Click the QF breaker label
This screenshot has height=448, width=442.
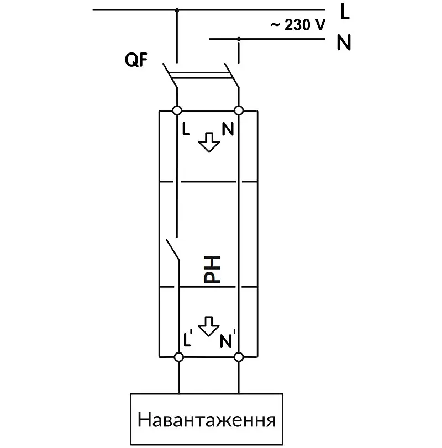coord(136,60)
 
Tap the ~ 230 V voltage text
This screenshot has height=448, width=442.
coord(298,25)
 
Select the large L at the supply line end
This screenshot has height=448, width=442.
coord(345,12)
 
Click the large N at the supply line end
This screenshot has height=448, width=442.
coord(344,43)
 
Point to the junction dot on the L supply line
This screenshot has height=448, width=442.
coord(177,10)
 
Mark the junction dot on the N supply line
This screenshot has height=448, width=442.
coord(239,39)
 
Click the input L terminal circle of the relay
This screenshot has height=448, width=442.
coord(177,110)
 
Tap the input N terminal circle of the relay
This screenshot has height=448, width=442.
coord(239,110)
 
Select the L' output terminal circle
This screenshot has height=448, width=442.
coord(179,357)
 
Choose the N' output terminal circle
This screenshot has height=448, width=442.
coord(239,357)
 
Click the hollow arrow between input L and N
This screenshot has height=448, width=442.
coord(209,143)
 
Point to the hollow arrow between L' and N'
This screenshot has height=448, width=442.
coord(209,326)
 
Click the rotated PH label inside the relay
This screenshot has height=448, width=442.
coord(212,270)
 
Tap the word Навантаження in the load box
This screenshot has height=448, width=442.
coord(206,420)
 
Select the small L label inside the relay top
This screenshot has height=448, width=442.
coord(186,129)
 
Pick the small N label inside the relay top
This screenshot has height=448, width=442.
coord(228,129)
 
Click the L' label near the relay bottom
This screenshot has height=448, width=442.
coord(187,338)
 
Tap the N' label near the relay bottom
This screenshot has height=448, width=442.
coord(228,339)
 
